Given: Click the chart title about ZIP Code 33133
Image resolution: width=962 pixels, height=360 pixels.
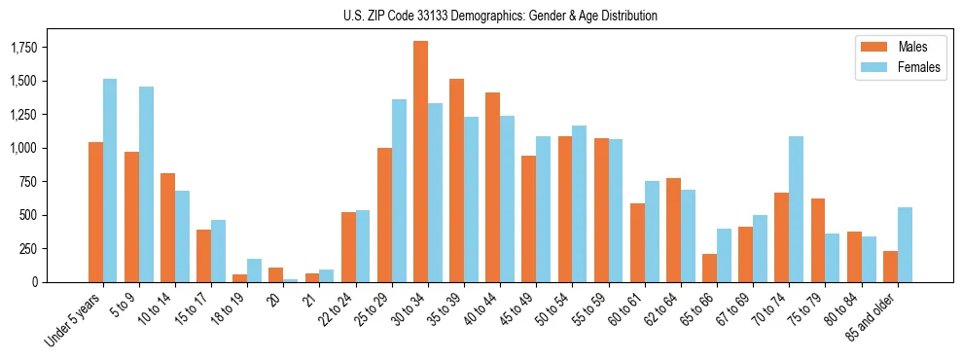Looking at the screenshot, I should click(x=500, y=16).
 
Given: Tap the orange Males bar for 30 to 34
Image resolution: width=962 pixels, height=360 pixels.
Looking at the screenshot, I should click(x=420, y=162).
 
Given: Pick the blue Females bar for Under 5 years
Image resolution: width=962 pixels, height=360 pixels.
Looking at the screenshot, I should click(x=110, y=180).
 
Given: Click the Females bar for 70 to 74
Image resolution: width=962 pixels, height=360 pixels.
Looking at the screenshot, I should click(x=796, y=209).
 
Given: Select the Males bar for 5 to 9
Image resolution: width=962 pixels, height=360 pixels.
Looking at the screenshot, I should click(x=131, y=217).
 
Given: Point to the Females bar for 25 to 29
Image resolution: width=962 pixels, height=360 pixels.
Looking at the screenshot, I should click(x=399, y=191).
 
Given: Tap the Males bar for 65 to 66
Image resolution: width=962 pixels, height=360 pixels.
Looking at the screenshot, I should click(x=709, y=268).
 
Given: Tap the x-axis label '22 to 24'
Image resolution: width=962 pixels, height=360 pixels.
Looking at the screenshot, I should click(x=353, y=308).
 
